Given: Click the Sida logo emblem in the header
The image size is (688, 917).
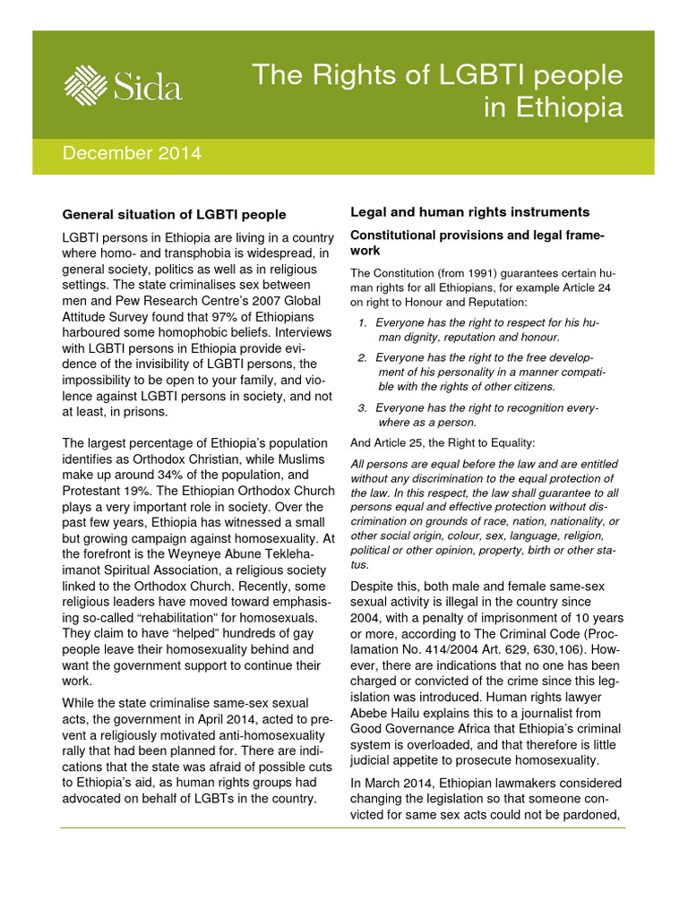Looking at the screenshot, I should (86, 84).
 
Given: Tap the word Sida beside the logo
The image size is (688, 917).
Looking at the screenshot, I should (148, 87).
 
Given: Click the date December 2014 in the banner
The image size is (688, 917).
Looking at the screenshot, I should (132, 153).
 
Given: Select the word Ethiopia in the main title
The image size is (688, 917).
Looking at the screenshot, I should (566, 107).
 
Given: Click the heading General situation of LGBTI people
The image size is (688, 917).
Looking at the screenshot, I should (174, 215).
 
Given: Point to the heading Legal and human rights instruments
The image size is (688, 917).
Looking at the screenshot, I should (469, 212).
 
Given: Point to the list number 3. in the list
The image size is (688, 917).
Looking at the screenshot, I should (363, 407).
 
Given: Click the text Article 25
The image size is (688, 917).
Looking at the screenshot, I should (400, 442).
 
